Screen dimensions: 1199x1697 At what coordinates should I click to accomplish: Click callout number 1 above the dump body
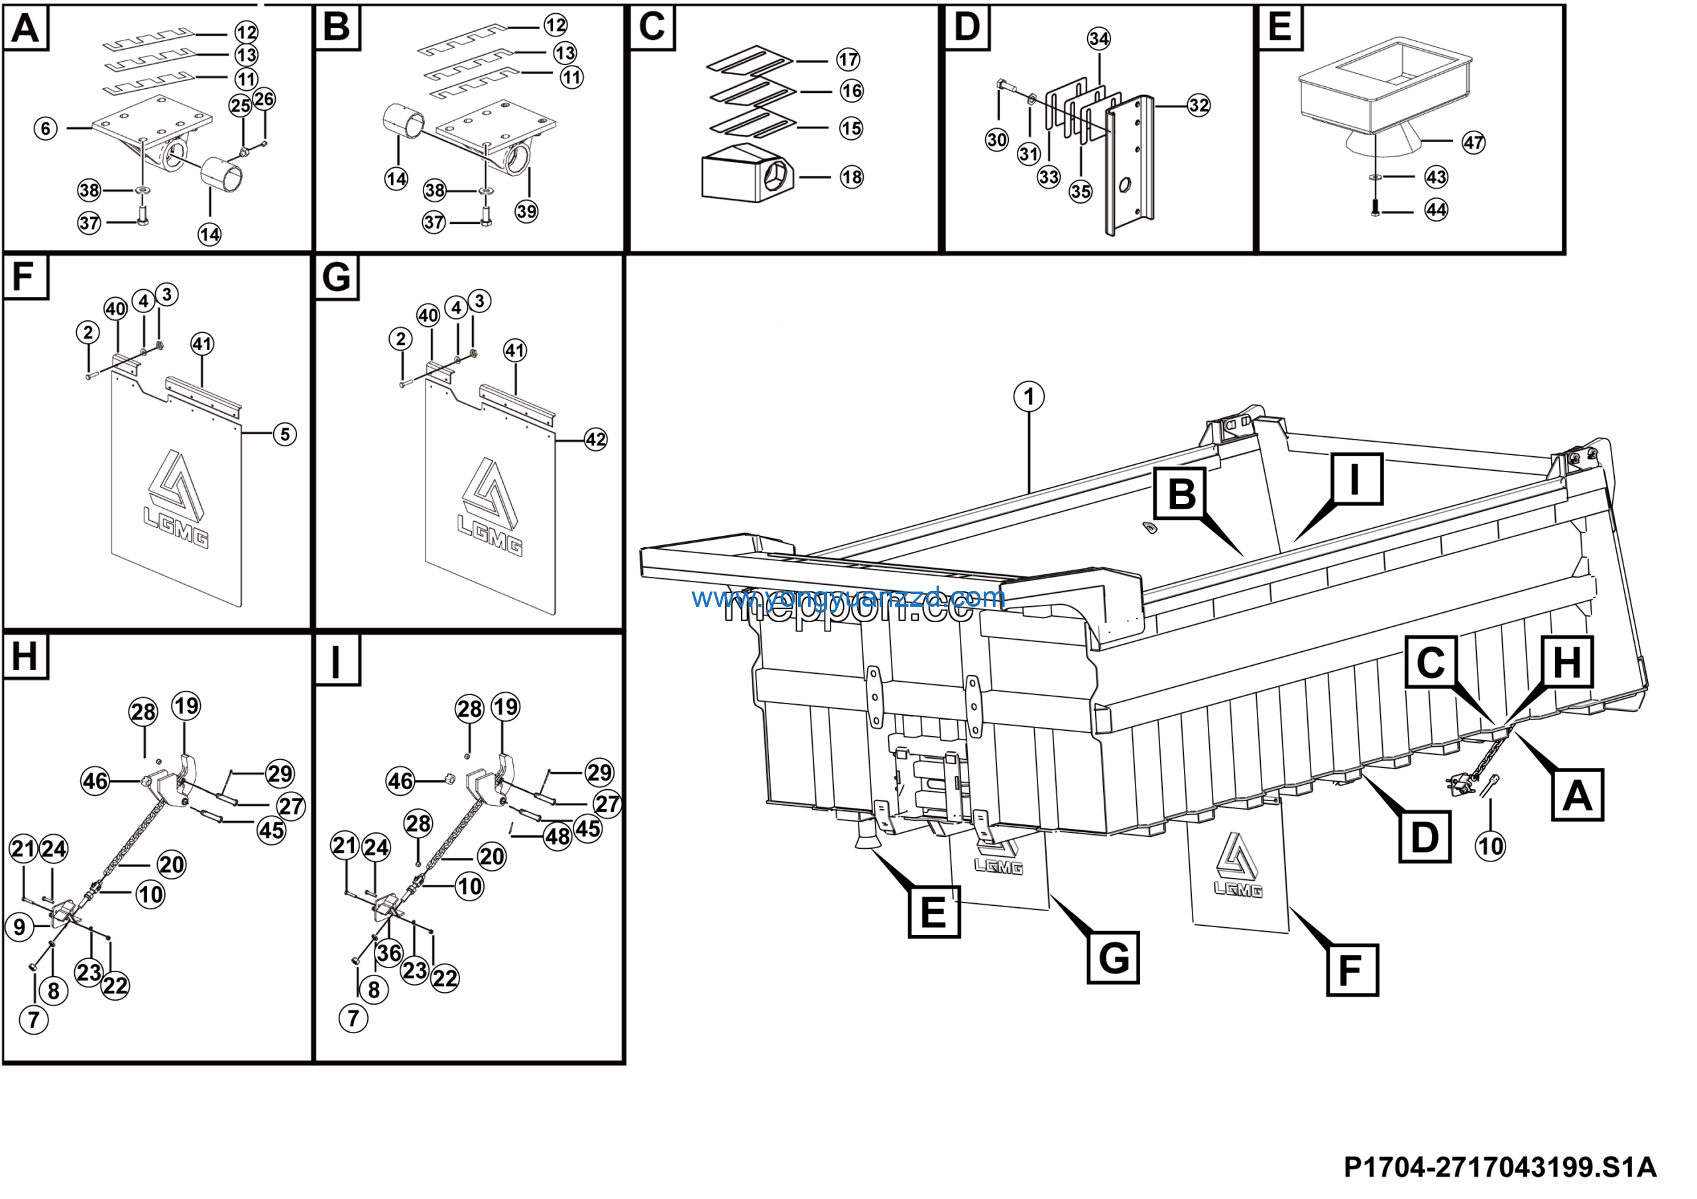(x=1028, y=397)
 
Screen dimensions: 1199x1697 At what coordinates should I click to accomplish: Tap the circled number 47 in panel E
(x=1473, y=143)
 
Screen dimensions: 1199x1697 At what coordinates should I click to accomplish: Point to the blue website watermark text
(x=848, y=598)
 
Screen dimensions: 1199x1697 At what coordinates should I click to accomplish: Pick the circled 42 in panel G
(x=595, y=440)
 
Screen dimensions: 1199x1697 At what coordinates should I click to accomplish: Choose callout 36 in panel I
(x=388, y=953)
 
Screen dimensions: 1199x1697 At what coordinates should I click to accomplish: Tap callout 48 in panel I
(x=557, y=837)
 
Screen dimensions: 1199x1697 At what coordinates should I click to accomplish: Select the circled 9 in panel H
(x=20, y=927)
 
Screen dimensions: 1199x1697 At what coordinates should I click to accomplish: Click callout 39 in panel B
(x=526, y=212)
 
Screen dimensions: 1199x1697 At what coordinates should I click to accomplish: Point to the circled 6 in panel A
(x=46, y=129)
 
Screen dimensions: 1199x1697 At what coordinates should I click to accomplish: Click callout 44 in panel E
(x=1435, y=210)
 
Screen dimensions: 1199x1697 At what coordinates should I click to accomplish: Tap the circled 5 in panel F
(x=284, y=434)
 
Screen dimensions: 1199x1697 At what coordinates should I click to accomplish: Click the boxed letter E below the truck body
(x=933, y=913)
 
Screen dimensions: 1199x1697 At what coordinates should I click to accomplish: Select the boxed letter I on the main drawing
(x=1356, y=479)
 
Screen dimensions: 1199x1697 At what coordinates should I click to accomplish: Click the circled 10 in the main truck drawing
(x=1490, y=846)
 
